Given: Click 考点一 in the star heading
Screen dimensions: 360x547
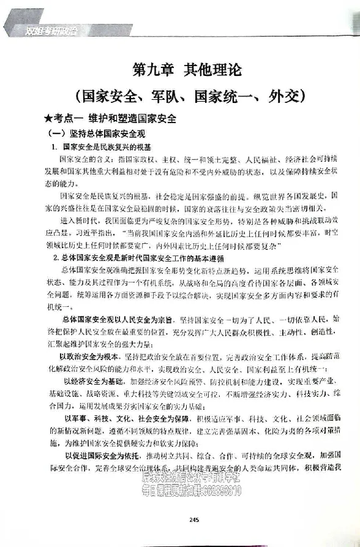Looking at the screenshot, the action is click(x=64, y=118).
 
